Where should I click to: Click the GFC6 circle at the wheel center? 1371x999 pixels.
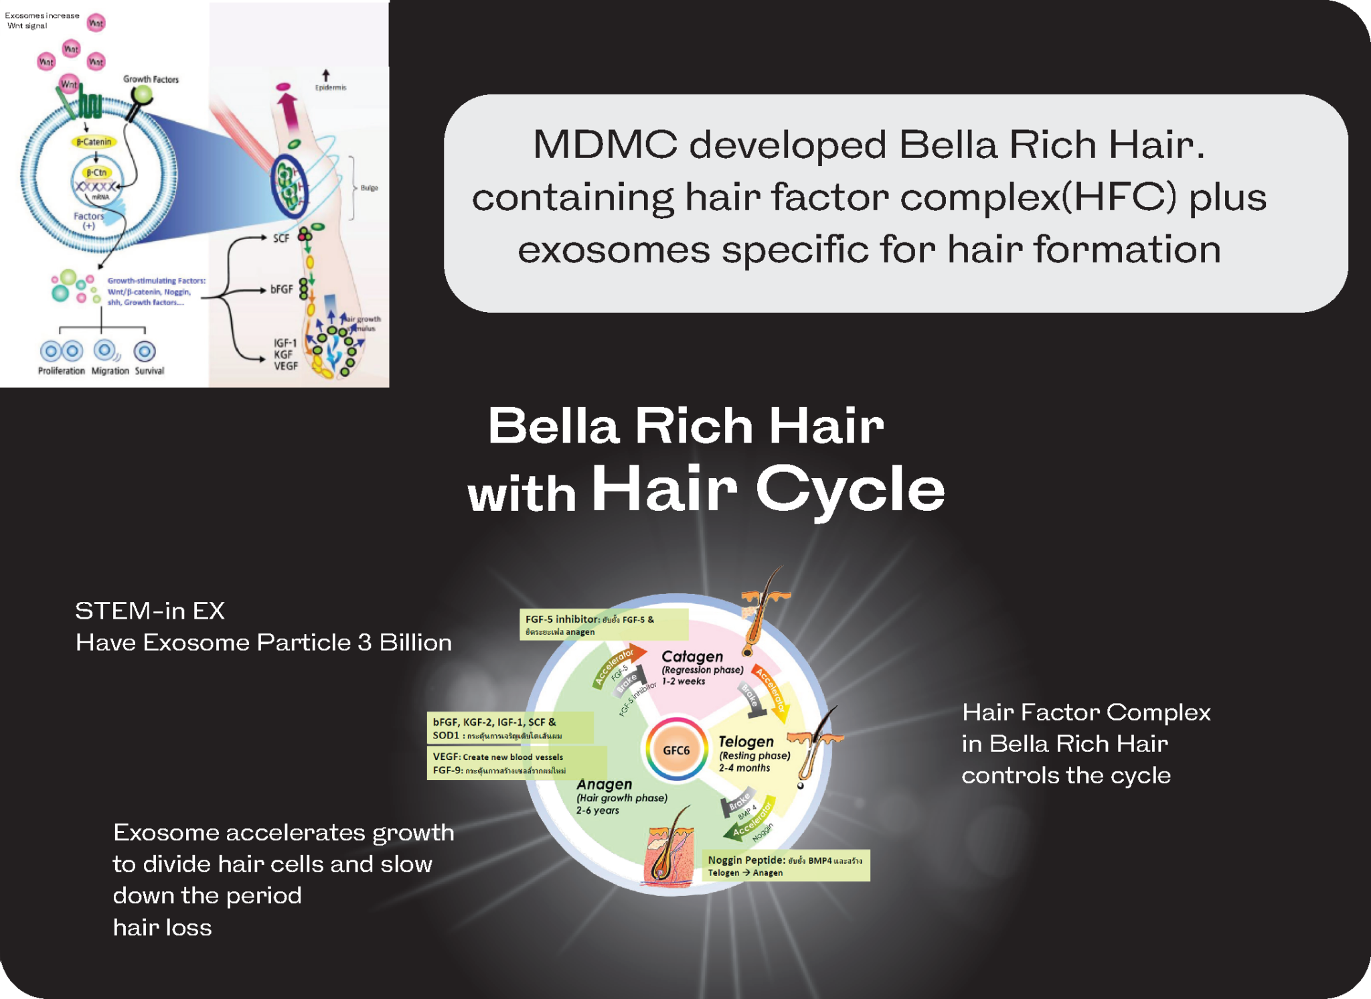(676, 750)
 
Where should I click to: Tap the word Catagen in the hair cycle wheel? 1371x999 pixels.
(692, 656)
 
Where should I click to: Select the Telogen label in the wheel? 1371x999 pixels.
(746, 741)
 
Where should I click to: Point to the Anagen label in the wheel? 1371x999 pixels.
(604, 784)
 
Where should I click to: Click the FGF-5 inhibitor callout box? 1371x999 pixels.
(603, 625)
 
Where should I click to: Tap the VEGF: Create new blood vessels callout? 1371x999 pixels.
(515, 763)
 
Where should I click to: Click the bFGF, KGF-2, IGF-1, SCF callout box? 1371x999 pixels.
(509, 728)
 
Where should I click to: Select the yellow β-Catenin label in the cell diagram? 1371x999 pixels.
(94, 141)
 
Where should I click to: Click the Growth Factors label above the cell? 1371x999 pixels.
(151, 79)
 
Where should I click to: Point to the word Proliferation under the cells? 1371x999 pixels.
(62, 370)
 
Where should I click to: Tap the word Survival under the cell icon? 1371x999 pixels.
(149, 370)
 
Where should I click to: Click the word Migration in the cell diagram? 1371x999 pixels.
(110, 370)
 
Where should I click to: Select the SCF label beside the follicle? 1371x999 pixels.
(281, 238)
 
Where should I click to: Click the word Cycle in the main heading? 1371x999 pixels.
(850, 489)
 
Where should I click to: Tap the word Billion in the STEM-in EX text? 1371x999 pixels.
(415, 643)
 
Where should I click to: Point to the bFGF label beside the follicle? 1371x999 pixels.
(282, 289)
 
